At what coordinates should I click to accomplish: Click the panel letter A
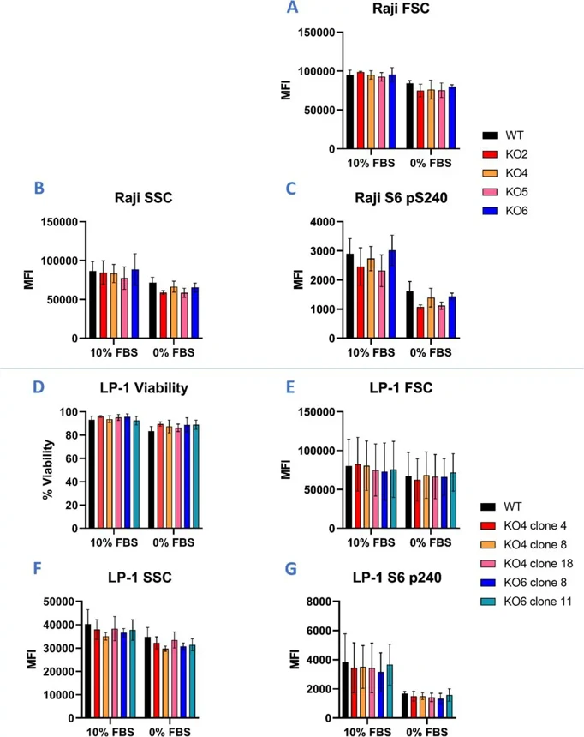point(293,9)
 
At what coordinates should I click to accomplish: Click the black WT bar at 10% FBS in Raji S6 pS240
point(349,296)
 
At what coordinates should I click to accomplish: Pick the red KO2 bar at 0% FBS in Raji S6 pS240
point(420,322)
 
